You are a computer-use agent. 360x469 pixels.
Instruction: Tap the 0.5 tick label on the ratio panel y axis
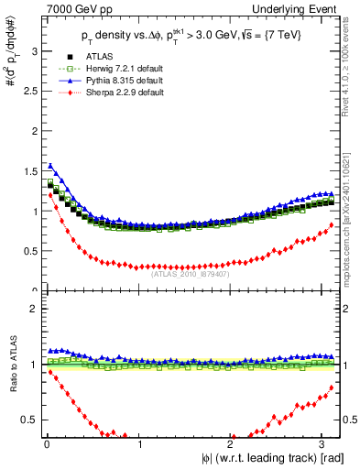click(30, 420)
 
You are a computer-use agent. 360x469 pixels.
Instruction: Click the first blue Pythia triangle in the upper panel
click(50, 166)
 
